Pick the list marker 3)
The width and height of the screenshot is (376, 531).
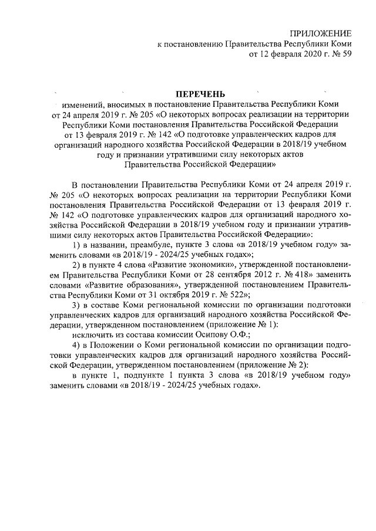click(75, 306)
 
